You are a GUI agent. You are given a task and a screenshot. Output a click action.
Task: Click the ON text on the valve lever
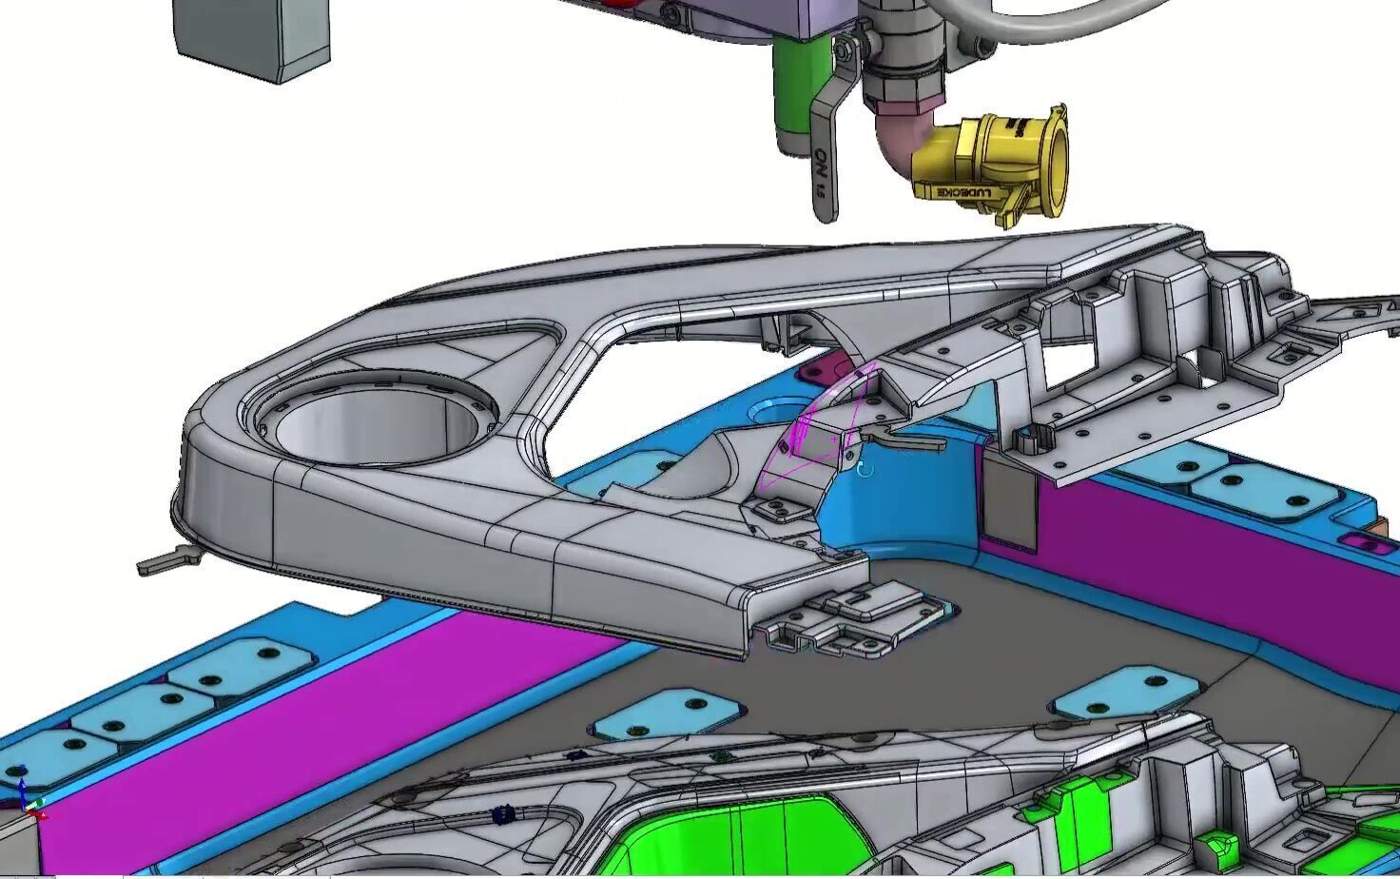click(820, 171)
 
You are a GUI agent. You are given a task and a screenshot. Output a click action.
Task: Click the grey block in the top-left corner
click(252, 38)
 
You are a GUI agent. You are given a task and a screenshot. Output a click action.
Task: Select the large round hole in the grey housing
click(376, 419)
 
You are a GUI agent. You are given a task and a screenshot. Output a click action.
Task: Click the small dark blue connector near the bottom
click(505, 814)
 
